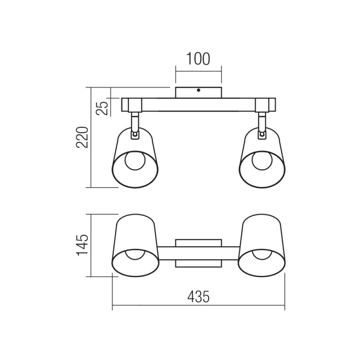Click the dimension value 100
198,59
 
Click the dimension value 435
198,297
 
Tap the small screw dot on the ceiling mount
198,90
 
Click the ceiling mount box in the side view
198,92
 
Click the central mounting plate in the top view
198,253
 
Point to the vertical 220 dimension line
91,137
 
